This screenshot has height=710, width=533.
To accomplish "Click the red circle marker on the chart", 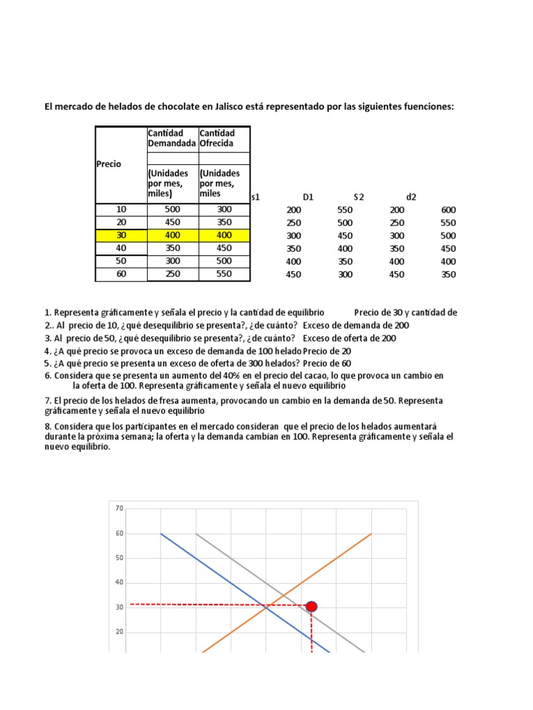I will [311, 607].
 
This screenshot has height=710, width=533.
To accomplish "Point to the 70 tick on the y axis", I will [119, 509].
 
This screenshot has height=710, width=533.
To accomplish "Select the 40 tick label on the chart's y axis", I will [119, 582].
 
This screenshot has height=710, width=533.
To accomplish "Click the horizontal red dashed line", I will [208, 605].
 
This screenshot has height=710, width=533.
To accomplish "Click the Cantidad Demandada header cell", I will [172, 138].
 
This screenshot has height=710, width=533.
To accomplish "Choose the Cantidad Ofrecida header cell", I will [223, 138].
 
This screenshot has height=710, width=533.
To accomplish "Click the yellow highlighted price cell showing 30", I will [121, 235].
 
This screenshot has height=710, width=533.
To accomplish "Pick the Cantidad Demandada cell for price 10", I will [172, 209].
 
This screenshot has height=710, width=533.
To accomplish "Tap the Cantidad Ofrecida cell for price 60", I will [224, 274].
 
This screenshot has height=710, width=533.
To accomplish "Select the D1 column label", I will [308, 197].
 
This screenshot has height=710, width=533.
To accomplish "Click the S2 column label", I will [359, 197].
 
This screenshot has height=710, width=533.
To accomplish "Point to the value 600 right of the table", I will [448, 210].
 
